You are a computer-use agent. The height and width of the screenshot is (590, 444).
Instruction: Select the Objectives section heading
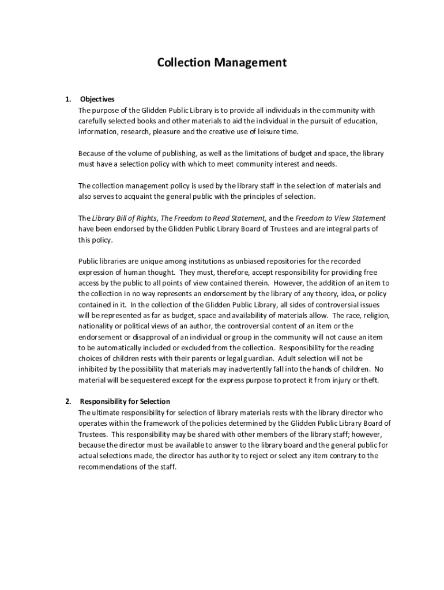coord(97,99)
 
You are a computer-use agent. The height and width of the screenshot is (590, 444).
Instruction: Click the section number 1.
coord(68,99)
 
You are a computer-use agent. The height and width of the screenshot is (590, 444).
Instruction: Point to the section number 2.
coord(68,401)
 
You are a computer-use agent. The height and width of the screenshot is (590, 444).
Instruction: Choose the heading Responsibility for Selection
coord(125,401)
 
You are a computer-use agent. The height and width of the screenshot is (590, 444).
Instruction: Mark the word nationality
coord(97,326)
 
